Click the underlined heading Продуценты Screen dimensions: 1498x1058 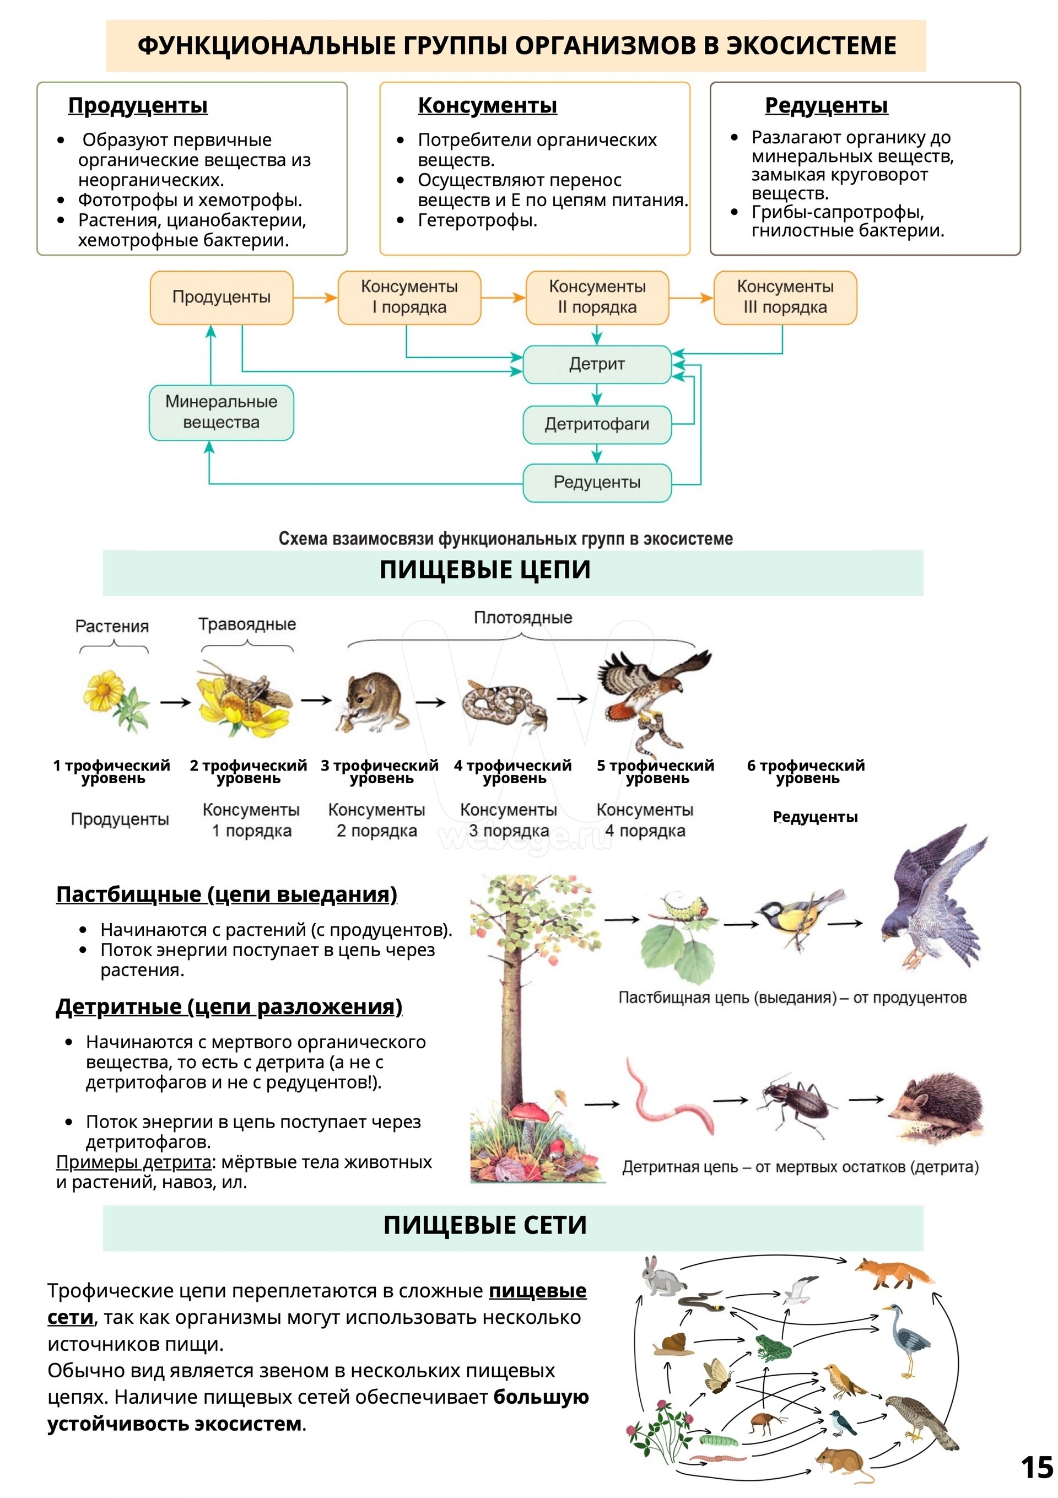(138, 105)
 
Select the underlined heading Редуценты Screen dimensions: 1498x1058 (826, 105)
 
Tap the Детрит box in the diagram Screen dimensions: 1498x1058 (596, 364)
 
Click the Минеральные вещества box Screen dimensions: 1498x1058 (221, 412)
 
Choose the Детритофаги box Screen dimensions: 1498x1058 (596, 424)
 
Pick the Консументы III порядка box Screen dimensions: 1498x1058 (785, 298)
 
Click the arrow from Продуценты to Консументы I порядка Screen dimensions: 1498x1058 (315, 298)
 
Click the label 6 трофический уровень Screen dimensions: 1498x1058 (806, 771)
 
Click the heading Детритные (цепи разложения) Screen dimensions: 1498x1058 (228, 1007)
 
